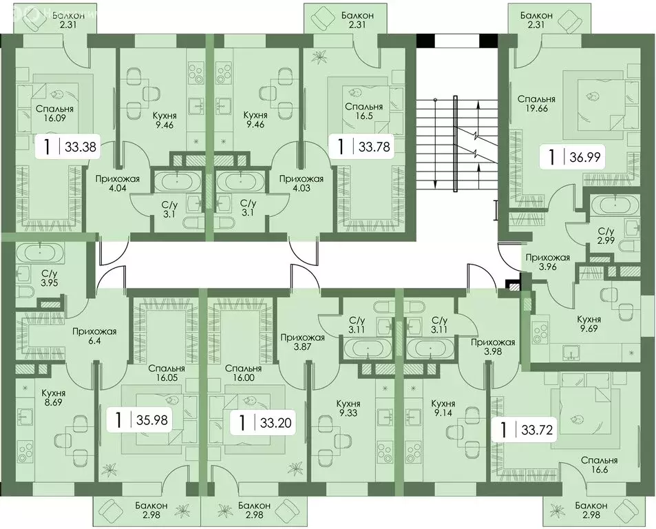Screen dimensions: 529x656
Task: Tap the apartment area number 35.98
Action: pos(151,419)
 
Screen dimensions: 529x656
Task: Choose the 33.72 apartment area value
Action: pos(538,432)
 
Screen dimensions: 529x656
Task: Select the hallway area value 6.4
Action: pos(94,342)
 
